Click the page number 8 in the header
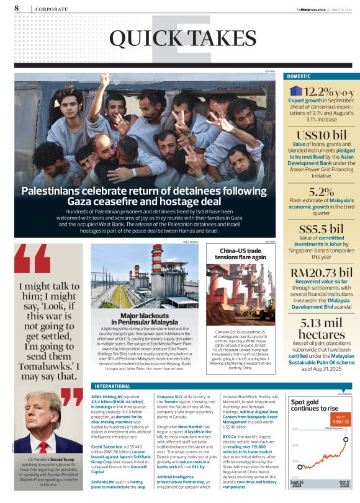(16, 7)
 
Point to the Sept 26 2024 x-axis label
(297, 483)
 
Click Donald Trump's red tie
(43, 447)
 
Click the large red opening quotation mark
(31, 260)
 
